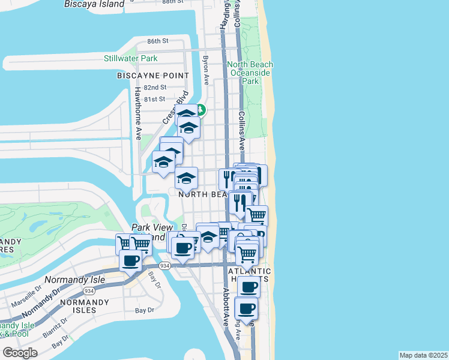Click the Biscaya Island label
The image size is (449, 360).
94,4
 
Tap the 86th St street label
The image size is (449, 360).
158,41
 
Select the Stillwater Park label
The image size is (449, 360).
130,58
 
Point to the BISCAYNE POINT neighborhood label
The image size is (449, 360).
153,76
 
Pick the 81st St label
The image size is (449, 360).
155,99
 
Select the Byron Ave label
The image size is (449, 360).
206,70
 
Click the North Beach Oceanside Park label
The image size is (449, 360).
250,73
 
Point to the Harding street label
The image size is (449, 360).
224,15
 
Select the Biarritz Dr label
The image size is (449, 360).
56,327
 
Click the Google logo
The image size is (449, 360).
20,353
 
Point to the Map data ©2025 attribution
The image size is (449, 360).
423,355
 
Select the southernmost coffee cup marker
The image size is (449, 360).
246,310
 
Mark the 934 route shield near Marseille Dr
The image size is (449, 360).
89,290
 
